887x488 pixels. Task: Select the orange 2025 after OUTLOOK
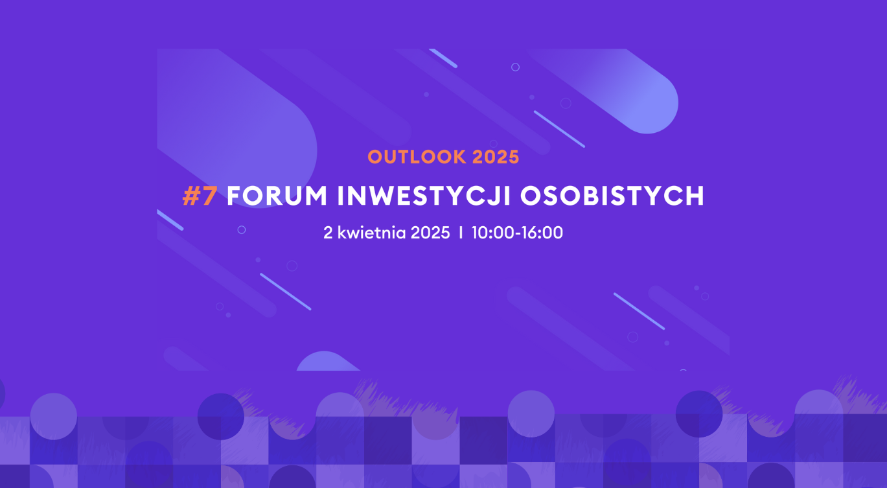[x=496, y=157]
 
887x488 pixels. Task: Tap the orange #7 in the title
[x=200, y=196]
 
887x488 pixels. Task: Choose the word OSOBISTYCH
[x=612, y=196]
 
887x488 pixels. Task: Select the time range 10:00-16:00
[x=517, y=233]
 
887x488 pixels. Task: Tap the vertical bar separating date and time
[x=461, y=233]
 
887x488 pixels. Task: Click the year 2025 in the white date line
[x=430, y=233]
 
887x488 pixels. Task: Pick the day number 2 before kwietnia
[x=328, y=233]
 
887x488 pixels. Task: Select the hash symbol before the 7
[x=192, y=196]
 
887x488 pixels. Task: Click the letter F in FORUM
[x=233, y=196]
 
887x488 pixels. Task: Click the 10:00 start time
[x=490, y=233]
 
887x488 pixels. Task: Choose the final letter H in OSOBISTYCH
[x=695, y=196]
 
